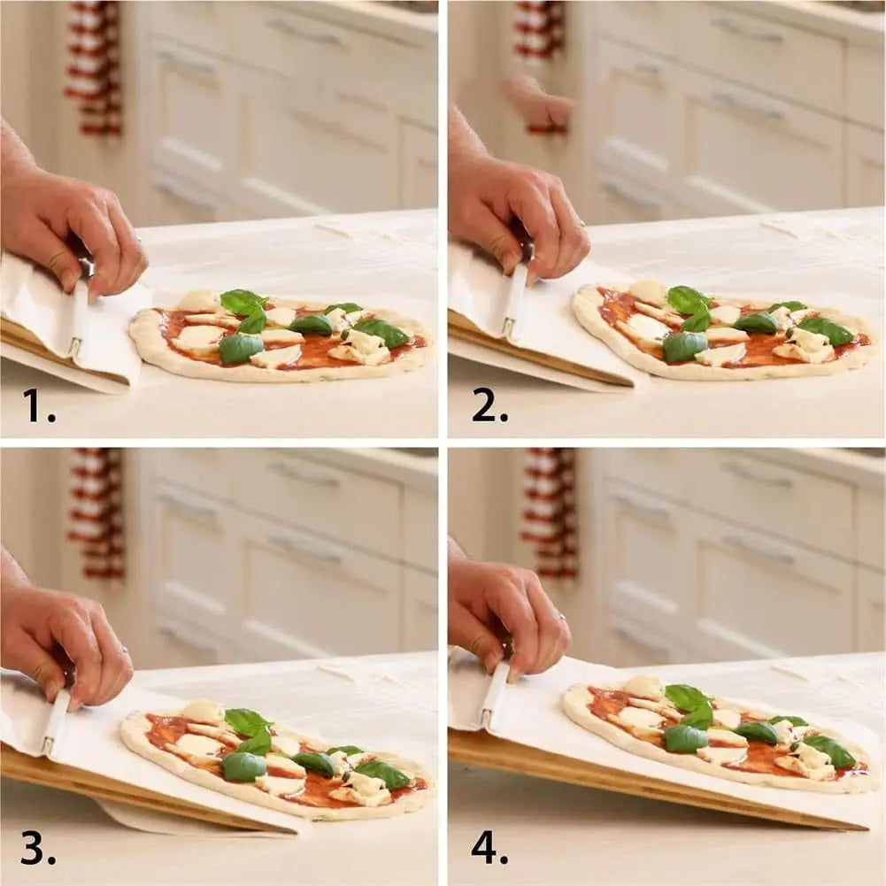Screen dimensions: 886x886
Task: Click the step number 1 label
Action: (x=39, y=406)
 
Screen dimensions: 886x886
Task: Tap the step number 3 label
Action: (x=38, y=849)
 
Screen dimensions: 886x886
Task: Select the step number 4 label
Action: (x=489, y=848)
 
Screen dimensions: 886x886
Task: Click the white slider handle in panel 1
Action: (x=78, y=319)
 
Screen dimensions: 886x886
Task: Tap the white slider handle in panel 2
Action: (x=514, y=301)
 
